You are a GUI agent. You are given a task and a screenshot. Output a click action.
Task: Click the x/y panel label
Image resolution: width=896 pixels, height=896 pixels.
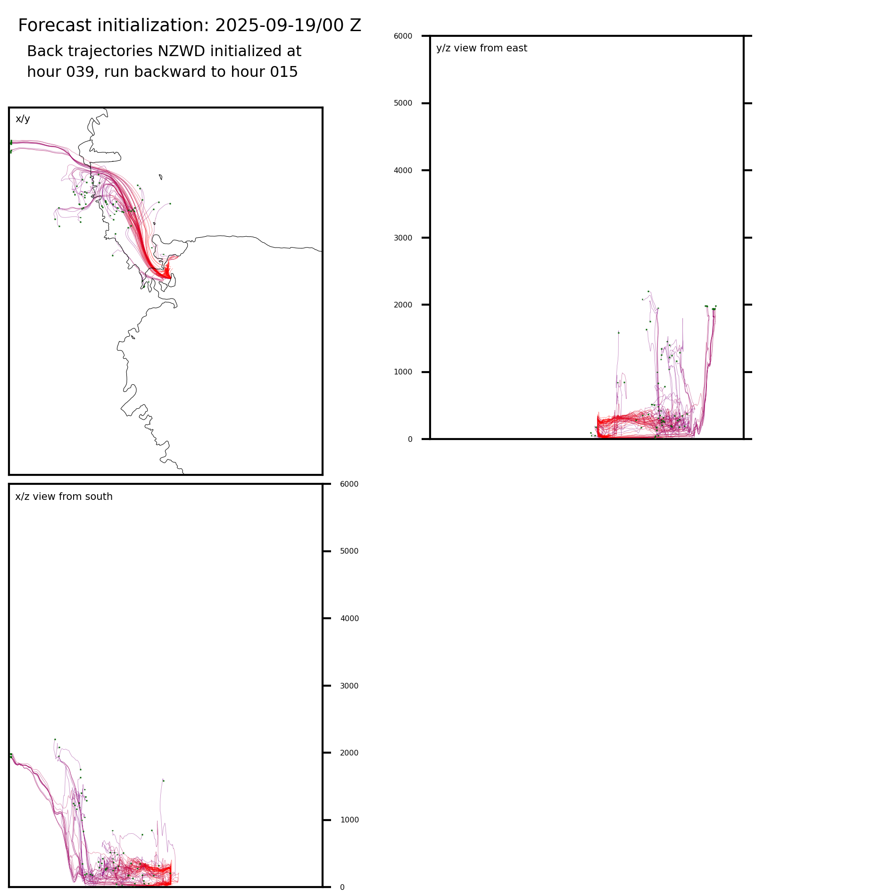23,119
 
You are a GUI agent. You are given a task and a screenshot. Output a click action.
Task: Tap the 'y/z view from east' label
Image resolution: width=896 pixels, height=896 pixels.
481,48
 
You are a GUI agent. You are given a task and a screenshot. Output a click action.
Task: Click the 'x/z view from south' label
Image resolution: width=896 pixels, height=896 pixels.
64,497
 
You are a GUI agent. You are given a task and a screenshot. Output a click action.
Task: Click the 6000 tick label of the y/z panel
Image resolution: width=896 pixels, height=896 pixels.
403,36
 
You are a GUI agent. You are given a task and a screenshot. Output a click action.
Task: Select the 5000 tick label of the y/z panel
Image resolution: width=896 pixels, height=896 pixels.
403,103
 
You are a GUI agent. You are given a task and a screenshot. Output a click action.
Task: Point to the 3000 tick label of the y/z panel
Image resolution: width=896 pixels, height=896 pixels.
403,238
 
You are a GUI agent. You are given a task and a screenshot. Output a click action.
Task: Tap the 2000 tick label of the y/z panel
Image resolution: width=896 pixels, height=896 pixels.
403,305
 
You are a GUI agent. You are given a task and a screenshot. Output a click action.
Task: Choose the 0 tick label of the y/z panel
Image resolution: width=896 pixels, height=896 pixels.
410,440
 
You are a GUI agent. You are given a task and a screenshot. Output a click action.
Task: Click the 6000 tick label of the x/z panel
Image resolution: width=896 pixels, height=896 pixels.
349,484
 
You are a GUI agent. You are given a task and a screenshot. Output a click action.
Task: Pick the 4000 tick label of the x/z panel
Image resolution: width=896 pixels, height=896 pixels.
349,619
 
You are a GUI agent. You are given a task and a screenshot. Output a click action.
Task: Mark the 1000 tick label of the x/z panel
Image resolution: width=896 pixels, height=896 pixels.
349,820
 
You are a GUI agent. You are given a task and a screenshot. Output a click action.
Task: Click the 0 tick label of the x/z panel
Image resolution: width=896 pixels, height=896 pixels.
342,888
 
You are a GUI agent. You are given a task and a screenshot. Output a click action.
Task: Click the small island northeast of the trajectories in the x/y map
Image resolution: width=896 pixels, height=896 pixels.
161,177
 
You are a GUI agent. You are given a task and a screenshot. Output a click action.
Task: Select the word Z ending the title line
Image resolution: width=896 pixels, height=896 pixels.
356,25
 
